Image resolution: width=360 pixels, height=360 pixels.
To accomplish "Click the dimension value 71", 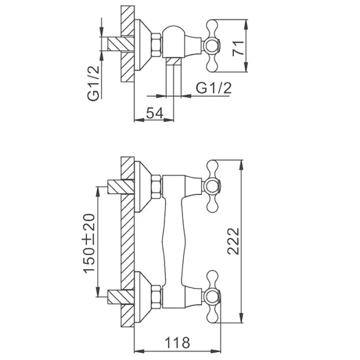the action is [238, 48].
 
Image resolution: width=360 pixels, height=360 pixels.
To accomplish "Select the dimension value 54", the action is [155, 113].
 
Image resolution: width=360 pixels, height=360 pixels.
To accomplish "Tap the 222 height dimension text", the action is [233, 241].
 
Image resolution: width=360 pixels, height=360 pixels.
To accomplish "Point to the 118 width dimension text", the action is [178, 343].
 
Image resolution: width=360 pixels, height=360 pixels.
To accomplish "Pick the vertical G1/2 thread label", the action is [94, 83].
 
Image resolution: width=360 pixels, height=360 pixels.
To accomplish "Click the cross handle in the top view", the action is [213, 46].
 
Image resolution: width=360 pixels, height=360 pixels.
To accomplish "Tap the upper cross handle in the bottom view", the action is [213, 186].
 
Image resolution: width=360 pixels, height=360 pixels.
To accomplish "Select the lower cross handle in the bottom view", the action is [213, 296].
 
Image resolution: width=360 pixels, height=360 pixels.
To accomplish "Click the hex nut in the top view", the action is [157, 45].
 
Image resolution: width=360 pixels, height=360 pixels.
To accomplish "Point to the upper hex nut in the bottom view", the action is [157, 187].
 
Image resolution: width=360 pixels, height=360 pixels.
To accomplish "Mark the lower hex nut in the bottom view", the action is [157, 296].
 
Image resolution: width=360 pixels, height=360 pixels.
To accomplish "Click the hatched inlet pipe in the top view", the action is [121, 44].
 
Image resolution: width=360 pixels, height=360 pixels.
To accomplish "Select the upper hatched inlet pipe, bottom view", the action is [121, 187].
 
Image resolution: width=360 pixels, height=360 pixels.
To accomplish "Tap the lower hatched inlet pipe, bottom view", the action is [121, 297].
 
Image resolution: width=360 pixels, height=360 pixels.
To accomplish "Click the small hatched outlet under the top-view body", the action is [173, 61].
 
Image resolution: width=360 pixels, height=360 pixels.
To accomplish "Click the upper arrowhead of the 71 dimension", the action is [245, 25].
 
